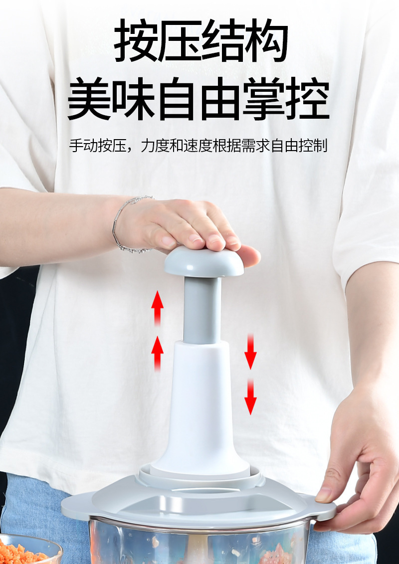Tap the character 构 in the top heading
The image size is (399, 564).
tap(266, 41)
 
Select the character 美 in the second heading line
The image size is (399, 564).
tap(89, 99)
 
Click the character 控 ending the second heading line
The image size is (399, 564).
tap(307, 99)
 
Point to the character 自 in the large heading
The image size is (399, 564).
tap(177, 99)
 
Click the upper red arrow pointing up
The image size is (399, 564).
tap(158, 307)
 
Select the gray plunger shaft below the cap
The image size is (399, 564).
tap(202, 309)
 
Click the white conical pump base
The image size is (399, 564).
tap(200, 409)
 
